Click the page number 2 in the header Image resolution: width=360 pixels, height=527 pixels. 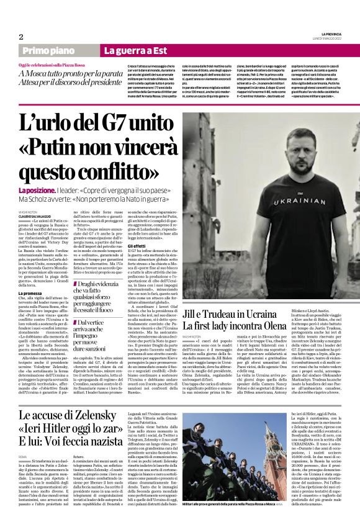click(x=20, y=37)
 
